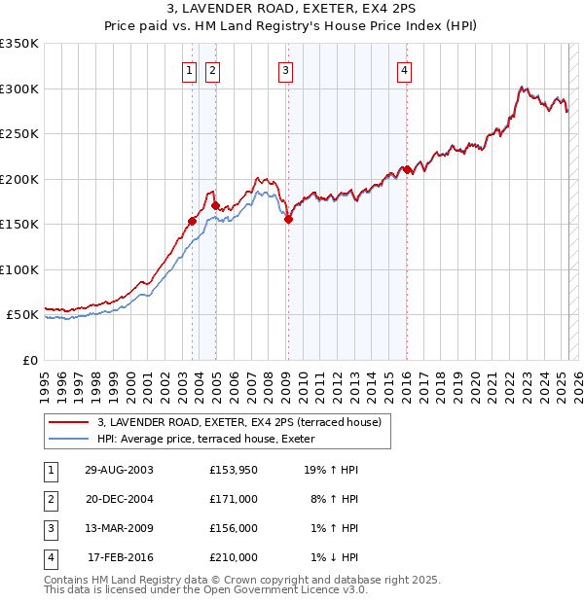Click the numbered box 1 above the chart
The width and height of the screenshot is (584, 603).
click(x=188, y=69)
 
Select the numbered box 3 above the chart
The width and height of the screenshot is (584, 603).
click(x=285, y=69)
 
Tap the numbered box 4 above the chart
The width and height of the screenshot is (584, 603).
click(x=403, y=69)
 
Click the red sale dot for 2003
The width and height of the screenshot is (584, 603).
click(x=193, y=221)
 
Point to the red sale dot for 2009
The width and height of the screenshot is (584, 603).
click(x=288, y=220)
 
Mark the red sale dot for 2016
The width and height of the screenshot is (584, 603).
click(x=406, y=169)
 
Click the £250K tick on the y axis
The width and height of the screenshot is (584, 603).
click(x=19, y=134)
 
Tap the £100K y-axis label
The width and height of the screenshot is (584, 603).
click(x=19, y=270)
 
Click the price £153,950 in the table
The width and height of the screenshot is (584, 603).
click(x=233, y=470)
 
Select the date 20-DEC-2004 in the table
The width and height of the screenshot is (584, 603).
click(x=119, y=499)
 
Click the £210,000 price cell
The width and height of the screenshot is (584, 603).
click(x=233, y=557)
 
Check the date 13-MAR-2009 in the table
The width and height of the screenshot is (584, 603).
click(x=119, y=528)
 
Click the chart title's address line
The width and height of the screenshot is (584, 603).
click(x=291, y=8)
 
